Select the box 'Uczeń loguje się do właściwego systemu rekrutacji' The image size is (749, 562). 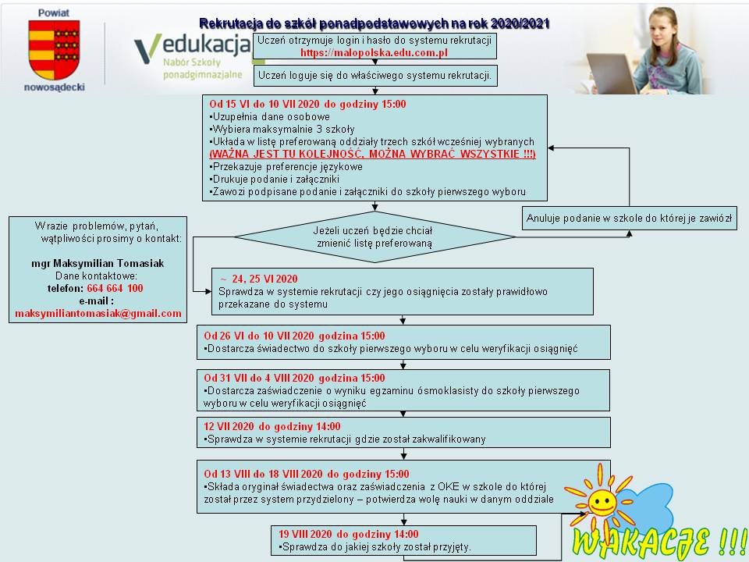coord(374,76)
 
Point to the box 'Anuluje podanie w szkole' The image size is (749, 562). coord(630,219)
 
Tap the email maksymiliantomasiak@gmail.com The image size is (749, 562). coord(98,313)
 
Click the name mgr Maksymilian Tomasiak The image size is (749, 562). coord(98,263)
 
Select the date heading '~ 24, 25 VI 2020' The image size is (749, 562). coord(258,279)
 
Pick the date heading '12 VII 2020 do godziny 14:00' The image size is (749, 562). coord(272,426)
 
